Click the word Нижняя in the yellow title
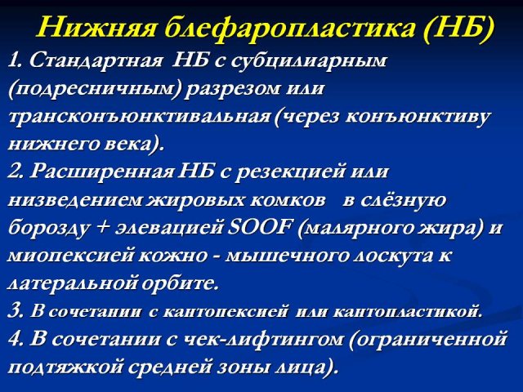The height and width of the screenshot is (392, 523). (96, 28)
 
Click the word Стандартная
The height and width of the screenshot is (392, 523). (96, 62)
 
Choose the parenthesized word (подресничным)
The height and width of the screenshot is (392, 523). (95, 90)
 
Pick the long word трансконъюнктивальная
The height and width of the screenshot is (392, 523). (139, 118)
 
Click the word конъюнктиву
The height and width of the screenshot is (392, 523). (418, 118)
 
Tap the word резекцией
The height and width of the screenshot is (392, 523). (288, 172)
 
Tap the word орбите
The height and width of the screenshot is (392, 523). (180, 283)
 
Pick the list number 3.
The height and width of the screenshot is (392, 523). (14, 311)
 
